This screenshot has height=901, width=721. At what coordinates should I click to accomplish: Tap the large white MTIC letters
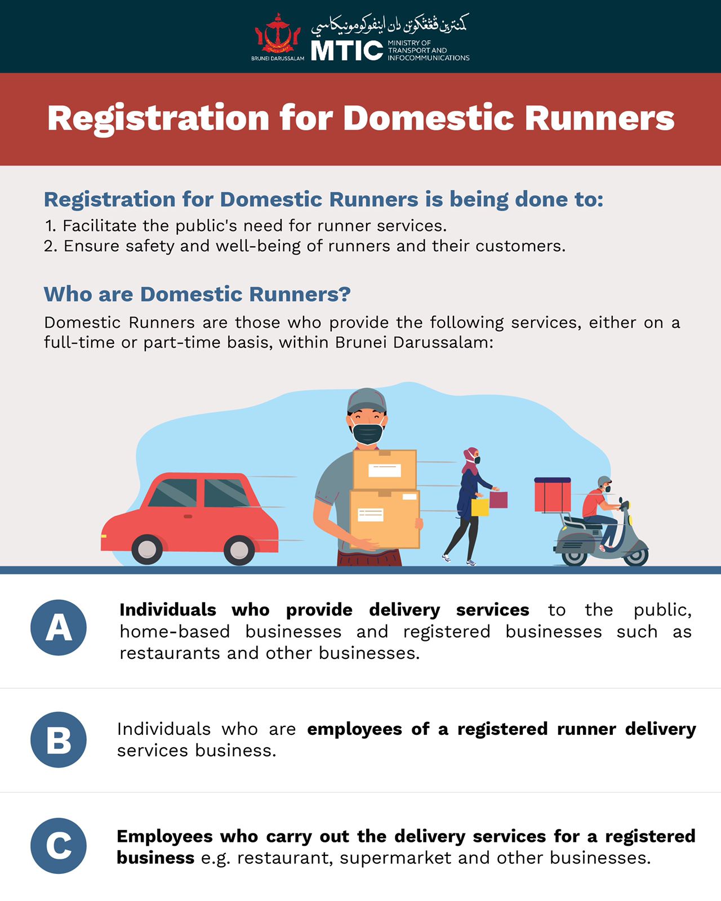click(347, 51)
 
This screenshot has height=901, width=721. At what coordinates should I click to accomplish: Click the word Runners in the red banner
click(599, 118)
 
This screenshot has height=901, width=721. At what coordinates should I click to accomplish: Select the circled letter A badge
click(59, 627)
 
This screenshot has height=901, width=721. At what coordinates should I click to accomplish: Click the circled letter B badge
click(59, 739)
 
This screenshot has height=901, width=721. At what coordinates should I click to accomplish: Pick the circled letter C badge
click(59, 846)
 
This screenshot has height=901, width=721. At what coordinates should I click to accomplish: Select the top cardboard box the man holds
click(385, 469)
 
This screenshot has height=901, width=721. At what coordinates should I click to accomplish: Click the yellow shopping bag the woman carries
click(480, 507)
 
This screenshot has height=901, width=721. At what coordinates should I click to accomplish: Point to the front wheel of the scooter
click(636, 556)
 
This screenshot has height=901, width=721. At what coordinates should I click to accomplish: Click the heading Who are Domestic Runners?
click(197, 294)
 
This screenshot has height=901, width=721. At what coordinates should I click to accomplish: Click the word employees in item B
click(354, 729)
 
